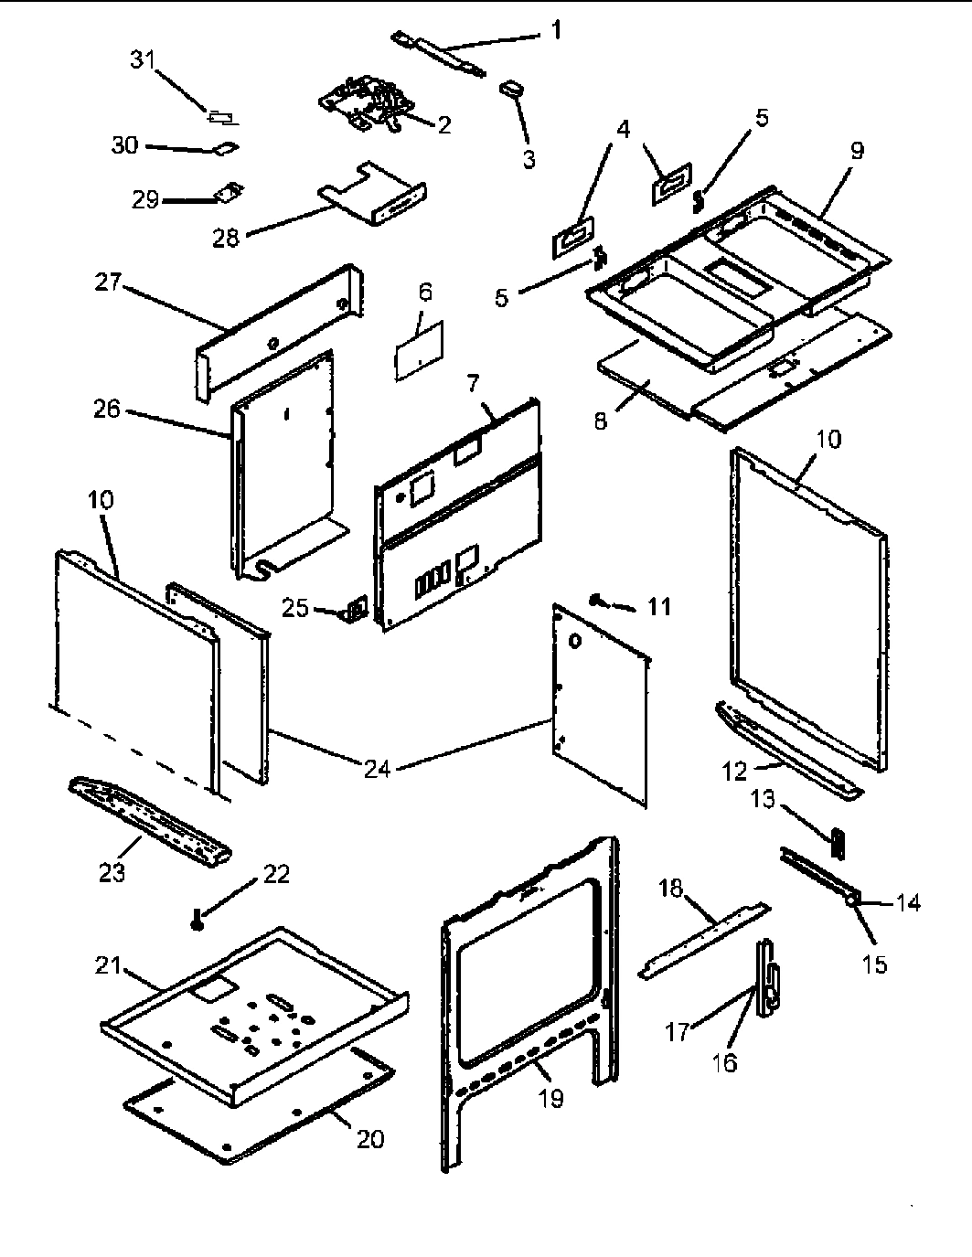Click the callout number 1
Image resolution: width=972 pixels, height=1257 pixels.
click(556, 30)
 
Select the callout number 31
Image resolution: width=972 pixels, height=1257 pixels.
click(144, 60)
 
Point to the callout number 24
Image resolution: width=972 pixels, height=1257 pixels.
click(377, 769)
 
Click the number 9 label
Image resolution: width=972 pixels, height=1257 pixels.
click(856, 150)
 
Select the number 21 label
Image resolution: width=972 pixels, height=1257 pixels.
click(109, 964)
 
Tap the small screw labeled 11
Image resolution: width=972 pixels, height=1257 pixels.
click(596, 600)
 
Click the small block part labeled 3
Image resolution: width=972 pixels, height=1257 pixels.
click(510, 89)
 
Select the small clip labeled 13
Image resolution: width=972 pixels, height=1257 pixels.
click(837, 842)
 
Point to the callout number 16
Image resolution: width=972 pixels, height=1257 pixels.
click(723, 1063)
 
